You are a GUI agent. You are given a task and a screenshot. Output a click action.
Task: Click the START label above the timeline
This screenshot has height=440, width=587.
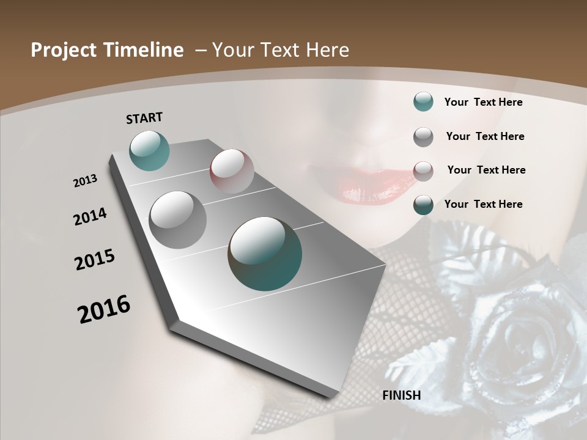tap(144, 118)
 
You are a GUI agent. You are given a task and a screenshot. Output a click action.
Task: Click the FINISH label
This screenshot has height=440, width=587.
tap(402, 395)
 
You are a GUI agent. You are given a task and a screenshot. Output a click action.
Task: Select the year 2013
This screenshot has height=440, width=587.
tap(85, 181)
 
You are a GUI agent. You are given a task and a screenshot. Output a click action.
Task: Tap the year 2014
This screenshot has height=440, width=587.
tap(90, 217)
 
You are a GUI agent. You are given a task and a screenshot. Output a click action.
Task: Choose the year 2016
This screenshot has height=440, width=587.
tap(104, 309)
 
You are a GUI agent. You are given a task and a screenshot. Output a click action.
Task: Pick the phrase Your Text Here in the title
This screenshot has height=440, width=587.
tap(281, 50)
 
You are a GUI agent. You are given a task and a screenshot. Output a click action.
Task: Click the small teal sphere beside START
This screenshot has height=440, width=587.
tap(150, 150)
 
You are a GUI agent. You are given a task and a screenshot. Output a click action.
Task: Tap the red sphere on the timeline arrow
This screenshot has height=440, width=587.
tap(232, 171)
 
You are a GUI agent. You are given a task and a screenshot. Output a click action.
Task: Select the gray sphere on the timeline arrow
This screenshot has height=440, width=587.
tap(177, 220)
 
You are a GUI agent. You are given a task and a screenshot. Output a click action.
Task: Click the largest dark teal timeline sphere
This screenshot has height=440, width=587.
tap(265, 253)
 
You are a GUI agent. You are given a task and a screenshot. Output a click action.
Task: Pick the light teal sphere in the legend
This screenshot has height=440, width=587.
tap(423, 102)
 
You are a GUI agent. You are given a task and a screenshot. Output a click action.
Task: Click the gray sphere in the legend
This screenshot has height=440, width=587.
tap(423, 137)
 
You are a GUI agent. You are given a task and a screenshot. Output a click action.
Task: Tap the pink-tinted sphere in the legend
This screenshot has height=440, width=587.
tap(423, 171)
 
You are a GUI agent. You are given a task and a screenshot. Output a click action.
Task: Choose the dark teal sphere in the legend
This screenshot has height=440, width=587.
tap(423, 205)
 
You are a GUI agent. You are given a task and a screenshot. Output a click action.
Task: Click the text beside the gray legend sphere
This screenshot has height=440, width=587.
tap(485, 136)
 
